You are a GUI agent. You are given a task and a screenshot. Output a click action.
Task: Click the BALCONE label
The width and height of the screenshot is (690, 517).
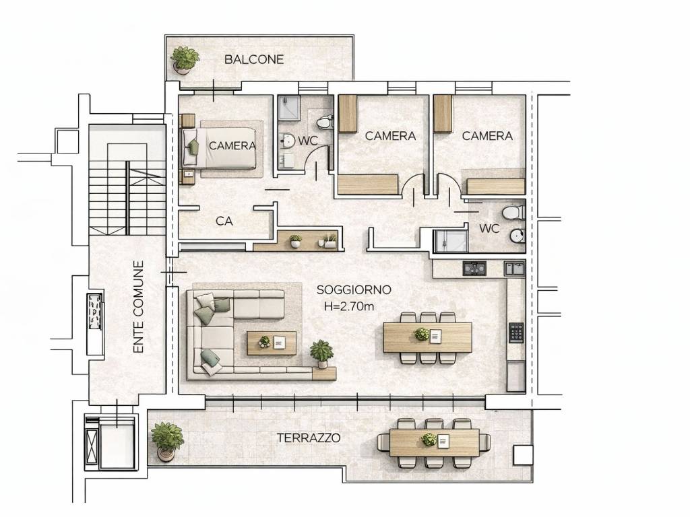pyautogui.click(x=254, y=59)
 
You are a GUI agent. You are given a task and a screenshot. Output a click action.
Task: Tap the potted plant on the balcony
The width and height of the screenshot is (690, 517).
pyautogui.click(x=185, y=60)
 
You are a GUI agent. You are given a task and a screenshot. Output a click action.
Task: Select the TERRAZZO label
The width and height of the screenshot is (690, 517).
pyautogui.click(x=309, y=438)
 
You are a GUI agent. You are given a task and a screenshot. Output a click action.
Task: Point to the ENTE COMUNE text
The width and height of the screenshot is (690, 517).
pyautogui.click(x=139, y=307)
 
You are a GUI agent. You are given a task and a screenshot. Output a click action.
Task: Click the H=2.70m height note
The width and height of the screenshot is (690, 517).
pyautogui.click(x=349, y=306)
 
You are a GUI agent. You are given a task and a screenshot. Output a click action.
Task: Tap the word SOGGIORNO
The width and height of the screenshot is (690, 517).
pyautogui.click(x=354, y=289)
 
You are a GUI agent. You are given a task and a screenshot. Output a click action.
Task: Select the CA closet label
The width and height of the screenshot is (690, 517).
pyautogui.click(x=224, y=221)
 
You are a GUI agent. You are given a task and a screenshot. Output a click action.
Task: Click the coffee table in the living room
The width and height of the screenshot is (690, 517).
pyautogui.click(x=272, y=343)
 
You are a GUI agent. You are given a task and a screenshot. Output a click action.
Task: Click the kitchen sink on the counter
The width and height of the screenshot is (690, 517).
pyautogui.click(x=514, y=269)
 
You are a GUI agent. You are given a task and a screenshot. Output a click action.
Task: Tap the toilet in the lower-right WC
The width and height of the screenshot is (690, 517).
pyautogui.click(x=514, y=212)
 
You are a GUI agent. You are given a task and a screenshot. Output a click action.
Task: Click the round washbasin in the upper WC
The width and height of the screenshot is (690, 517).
pyautogui.click(x=288, y=141)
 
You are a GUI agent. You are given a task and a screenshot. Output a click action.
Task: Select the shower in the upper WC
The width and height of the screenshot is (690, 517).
pyautogui.click(x=289, y=108)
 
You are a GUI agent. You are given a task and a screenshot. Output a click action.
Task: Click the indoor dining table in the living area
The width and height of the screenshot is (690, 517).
pyautogui.click(x=427, y=337)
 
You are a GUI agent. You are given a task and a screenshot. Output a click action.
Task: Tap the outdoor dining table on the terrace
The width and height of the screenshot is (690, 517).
pyautogui.click(x=434, y=442)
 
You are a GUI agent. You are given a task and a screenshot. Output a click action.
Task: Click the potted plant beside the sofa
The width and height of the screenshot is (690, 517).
pyautogui.click(x=321, y=353)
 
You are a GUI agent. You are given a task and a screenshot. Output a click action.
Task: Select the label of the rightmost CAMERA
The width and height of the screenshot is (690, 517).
pyautogui.click(x=487, y=136)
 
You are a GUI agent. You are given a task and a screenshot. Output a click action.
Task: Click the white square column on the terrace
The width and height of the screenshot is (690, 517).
pyautogui.click(x=523, y=455)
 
